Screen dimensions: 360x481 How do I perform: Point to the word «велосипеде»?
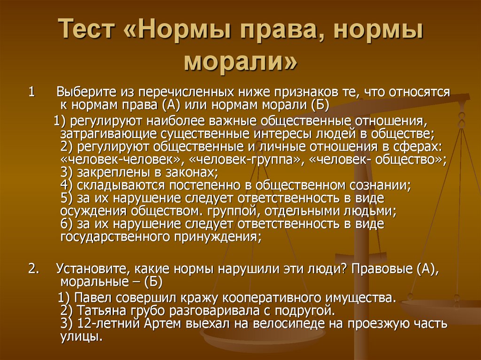[291, 324]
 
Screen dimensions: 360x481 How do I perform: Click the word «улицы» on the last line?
[80, 337]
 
